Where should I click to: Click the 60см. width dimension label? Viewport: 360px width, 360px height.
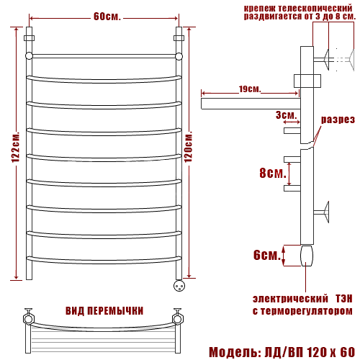[x=107, y=17]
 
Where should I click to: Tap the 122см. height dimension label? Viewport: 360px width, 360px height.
[x=16, y=147]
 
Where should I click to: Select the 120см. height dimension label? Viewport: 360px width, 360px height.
[x=189, y=147]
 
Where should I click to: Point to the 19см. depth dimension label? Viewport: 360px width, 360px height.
[x=250, y=89]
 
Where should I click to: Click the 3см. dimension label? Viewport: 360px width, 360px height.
[x=286, y=115]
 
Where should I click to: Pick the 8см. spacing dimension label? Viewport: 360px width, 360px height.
[x=273, y=172]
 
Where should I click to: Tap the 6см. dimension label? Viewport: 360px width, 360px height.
[x=267, y=255]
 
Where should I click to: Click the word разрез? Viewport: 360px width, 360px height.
[x=338, y=120]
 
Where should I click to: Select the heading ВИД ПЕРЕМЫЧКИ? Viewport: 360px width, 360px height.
[x=104, y=311]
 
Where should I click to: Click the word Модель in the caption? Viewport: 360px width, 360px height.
[x=234, y=352]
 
